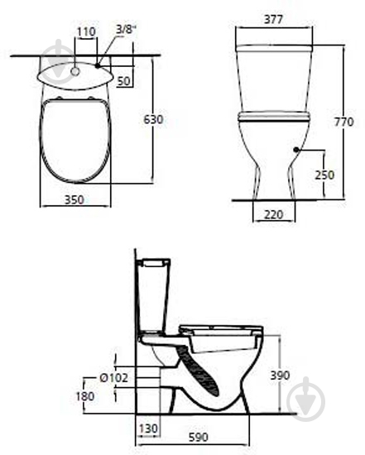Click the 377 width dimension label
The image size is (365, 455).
pos(273,20)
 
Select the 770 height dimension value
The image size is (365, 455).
pos(343,122)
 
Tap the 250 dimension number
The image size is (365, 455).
pos(324,175)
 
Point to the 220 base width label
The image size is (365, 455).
pos(273,214)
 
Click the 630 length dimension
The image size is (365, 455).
pos(153,119)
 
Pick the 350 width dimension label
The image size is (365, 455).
pos(74,199)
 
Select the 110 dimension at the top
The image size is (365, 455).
pos(86,31)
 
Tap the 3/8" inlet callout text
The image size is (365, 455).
pos(127,29)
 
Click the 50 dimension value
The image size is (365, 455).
pos(124,81)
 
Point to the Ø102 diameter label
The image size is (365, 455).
pos(113,378)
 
